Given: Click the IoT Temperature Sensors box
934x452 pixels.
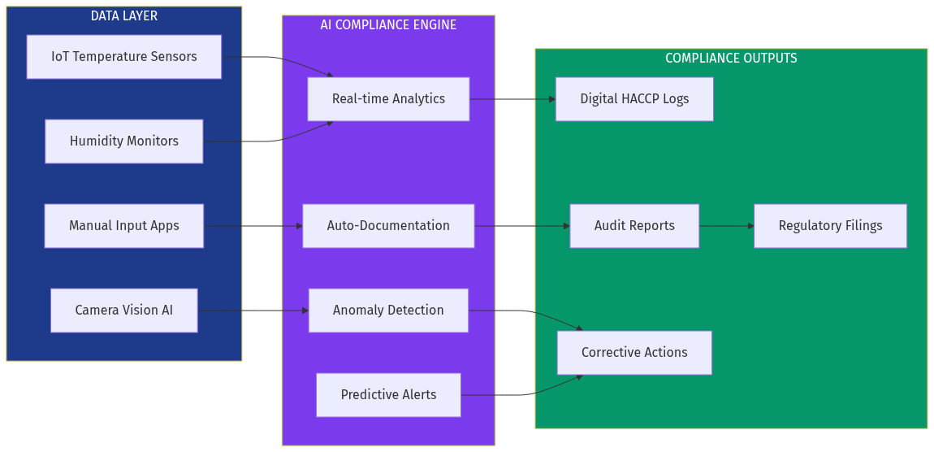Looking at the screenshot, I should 123,57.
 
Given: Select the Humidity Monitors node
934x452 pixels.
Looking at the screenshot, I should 123,141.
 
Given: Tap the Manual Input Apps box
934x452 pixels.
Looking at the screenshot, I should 123,226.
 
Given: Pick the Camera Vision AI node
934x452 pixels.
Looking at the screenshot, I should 123,311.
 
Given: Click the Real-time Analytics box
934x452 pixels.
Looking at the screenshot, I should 388,99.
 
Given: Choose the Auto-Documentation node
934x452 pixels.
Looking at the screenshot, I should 388,226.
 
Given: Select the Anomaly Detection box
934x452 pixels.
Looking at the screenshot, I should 388,311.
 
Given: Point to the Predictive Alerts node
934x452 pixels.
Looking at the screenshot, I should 388,395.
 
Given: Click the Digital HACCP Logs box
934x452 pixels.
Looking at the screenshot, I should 634,99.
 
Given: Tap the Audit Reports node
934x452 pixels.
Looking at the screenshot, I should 634,226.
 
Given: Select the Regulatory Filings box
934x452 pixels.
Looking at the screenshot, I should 830,226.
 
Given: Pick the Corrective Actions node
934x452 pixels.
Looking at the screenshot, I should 634,353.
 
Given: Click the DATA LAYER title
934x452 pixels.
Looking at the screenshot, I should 123,16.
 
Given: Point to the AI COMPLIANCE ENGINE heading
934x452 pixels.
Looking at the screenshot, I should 388,25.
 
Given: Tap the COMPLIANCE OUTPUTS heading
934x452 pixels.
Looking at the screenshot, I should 731,59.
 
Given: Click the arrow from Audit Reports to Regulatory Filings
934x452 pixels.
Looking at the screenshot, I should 726,226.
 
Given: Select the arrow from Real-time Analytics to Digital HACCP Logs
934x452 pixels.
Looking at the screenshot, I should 512,99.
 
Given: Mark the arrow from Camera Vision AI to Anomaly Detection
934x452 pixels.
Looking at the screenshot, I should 253,311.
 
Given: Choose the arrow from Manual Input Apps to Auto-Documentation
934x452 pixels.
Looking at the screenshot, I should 253,226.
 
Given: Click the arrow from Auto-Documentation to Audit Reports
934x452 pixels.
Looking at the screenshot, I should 521,226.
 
